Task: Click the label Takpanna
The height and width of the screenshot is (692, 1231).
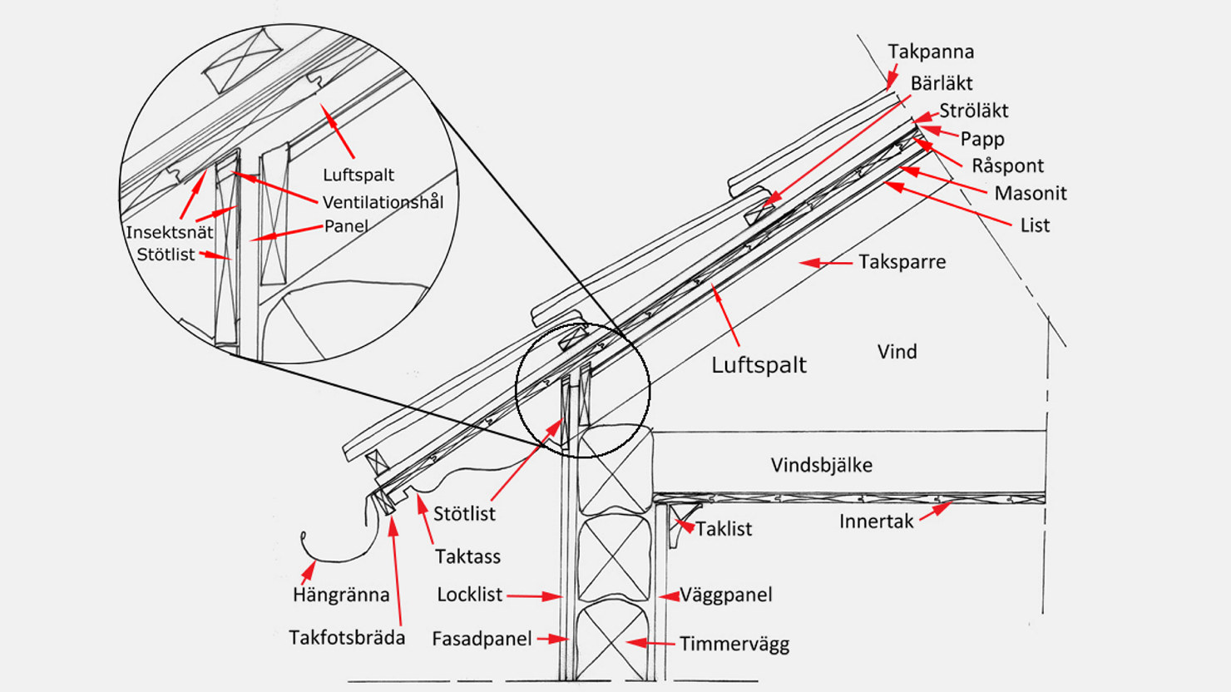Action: [x=930, y=52]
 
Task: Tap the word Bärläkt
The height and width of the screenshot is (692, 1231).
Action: [x=941, y=83]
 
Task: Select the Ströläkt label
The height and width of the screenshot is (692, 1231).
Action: [x=973, y=111]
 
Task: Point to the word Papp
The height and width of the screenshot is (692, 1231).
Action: [x=981, y=139]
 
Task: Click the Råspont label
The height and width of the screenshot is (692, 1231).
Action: [x=1007, y=166]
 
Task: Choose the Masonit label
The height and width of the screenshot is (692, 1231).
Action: [x=1030, y=193]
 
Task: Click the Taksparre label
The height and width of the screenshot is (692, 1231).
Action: [x=902, y=262]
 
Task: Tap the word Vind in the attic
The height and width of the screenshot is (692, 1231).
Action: [x=897, y=352]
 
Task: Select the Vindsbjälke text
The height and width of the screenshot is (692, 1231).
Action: [x=821, y=465]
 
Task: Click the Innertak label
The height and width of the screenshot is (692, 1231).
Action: [x=876, y=521]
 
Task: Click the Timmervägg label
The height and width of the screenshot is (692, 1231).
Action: [x=734, y=644]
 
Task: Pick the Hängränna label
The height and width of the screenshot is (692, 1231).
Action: [x=340, y=595]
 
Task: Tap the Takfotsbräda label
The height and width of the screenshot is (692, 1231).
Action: [x=347, y=638]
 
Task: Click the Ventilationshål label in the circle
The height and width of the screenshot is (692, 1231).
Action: [x=383, y=202]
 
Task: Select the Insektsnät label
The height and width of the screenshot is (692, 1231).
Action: [x=169, y=233]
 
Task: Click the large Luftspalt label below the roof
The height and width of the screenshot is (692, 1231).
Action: [x=759, y=365]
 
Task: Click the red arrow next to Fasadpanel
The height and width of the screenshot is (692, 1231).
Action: [x=552, y=639]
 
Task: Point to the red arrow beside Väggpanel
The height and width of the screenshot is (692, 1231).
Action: [x=668, y=596]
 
